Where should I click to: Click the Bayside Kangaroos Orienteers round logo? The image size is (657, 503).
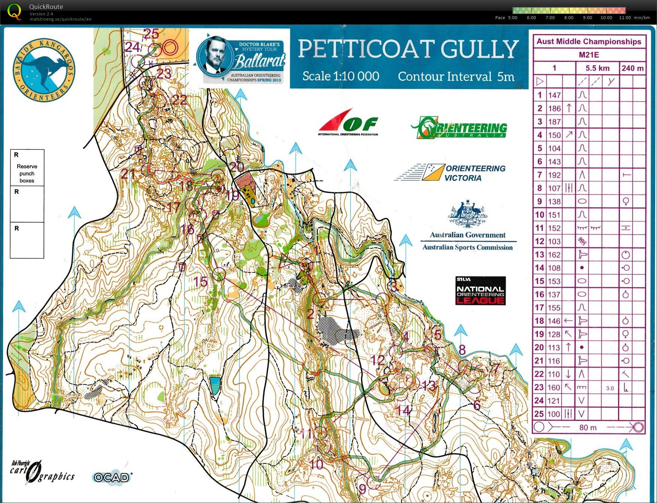[44, 70]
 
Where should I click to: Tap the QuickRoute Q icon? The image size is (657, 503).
[14, 11]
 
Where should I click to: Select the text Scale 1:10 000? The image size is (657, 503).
[340, 76]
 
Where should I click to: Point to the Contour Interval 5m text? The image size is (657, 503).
[456, 76]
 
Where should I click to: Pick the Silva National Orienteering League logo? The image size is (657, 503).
[480, 291]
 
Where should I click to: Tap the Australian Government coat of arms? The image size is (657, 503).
[467, 214]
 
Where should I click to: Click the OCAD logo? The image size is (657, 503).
[112, 477]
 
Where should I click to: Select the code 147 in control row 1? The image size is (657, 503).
[554, 95]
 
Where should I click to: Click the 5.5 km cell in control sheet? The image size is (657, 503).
[597, 68]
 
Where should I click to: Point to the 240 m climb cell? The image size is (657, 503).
[632, 68]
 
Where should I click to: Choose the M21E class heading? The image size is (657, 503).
[589, 55]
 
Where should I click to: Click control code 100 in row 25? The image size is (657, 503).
[554, 414]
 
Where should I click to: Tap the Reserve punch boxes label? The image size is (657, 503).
[27, 173]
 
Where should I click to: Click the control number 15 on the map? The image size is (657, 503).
[201, 281]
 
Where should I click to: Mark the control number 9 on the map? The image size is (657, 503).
[362, 489]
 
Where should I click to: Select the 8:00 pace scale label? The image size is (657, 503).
[569, 18]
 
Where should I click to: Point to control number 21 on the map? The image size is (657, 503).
[128, 174]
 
